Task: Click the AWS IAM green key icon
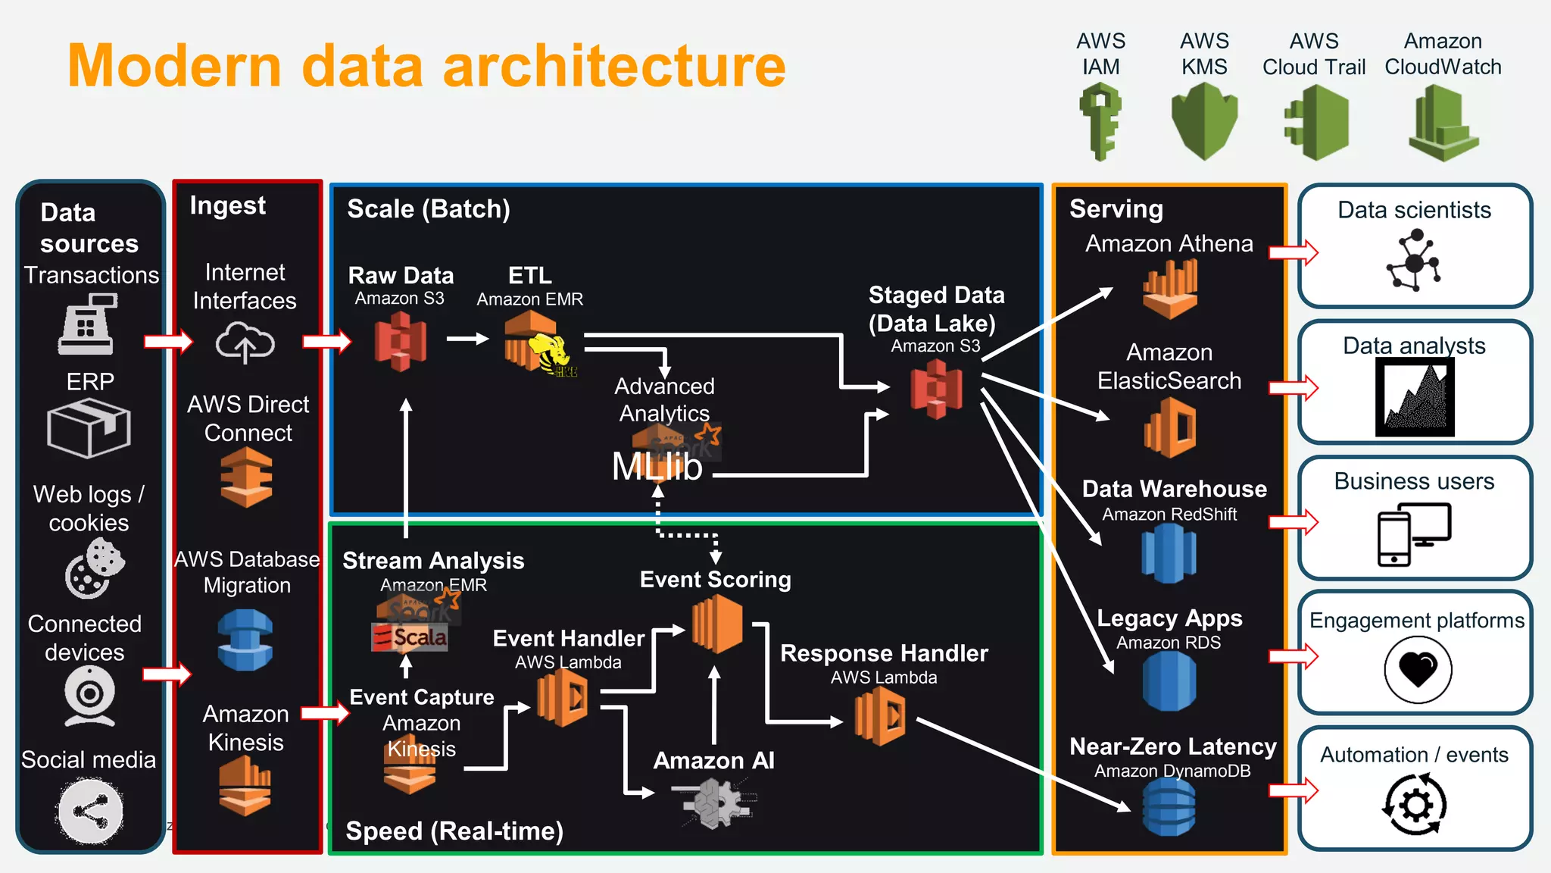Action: point(1100,122)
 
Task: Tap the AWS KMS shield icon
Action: point(1204,121)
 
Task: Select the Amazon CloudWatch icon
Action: point(1443,124)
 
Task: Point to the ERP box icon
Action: point(89,428)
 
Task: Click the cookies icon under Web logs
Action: point(95,568)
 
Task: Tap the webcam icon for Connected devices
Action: point(89,696)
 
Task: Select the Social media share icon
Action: point(90,812)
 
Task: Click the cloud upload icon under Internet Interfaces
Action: point(245,343)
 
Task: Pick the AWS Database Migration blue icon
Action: point(245,640)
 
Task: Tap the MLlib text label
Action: point(657,467)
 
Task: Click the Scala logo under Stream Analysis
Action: point(410,637)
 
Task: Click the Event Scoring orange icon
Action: point(716,624)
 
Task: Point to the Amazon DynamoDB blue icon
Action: point(1169,807)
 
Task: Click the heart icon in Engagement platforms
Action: point(1418,669)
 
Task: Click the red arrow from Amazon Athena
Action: point(1294,252)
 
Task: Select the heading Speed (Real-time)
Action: point(454,831)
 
